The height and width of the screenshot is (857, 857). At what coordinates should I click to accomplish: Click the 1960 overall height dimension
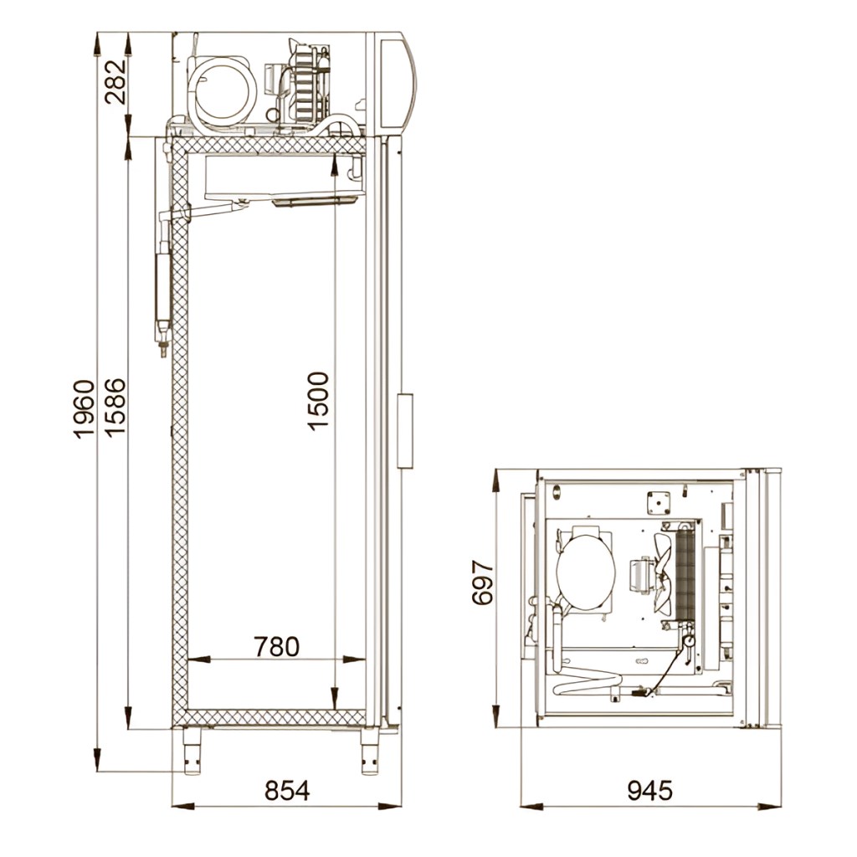(84, 409)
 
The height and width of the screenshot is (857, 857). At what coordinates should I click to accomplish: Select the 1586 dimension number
(115, 407)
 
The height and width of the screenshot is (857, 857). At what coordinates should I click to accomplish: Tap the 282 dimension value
(115, 81)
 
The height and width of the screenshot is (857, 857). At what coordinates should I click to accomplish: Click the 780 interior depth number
(276, 647)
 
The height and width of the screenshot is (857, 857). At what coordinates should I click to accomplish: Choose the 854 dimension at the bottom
(287, 790)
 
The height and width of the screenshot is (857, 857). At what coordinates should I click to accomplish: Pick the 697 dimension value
(482, 582)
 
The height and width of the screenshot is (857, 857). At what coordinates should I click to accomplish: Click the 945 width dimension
(649, 790)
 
